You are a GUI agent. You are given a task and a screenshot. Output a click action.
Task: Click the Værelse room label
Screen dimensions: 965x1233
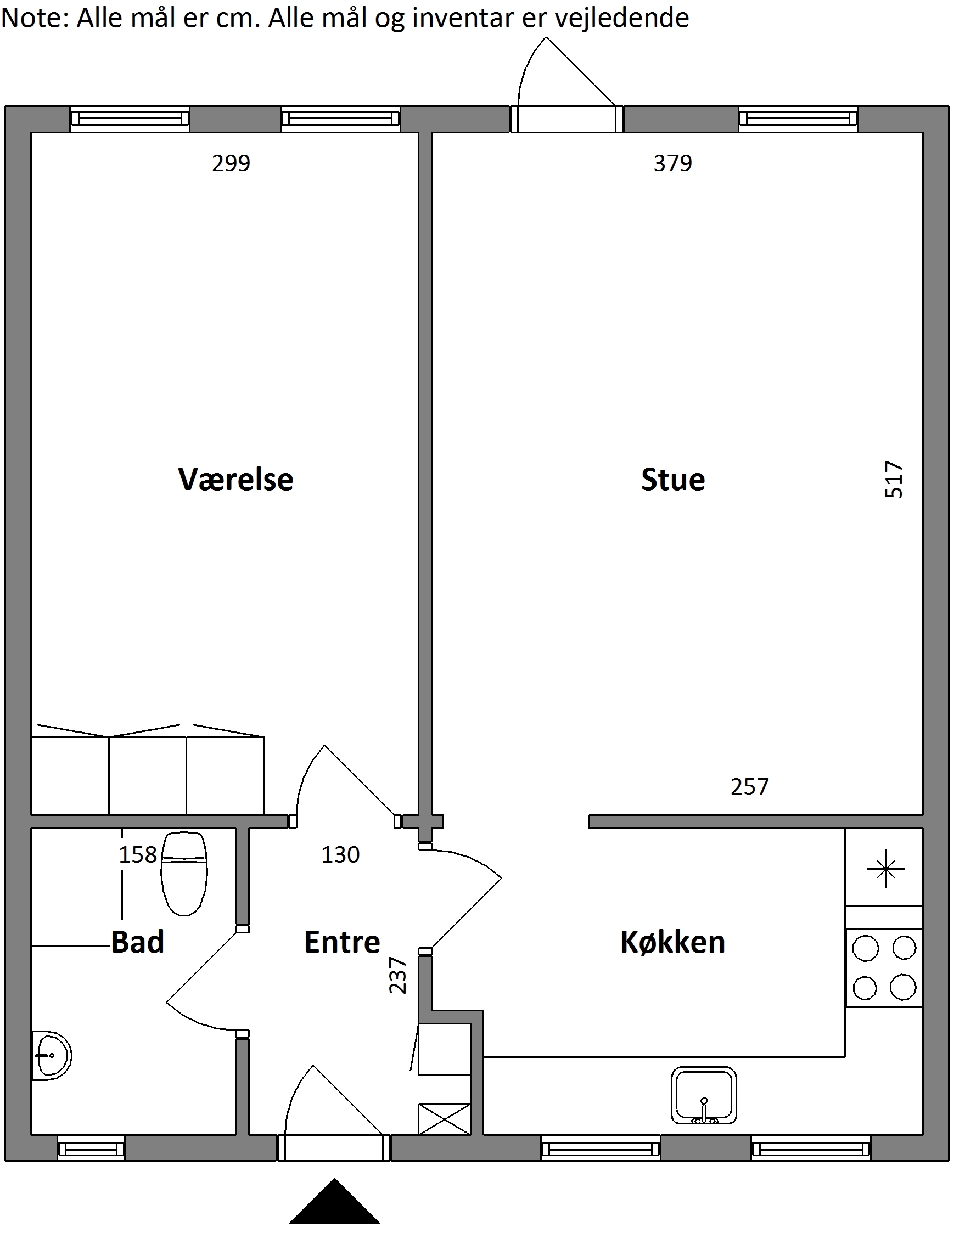pyautogui.click(x=236, y=480)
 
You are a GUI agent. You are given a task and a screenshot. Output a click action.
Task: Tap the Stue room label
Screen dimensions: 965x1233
pyautogui.click(x=673, y=480)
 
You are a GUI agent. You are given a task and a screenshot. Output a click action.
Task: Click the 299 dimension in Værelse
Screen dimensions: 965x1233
pyautogui.click(x=231, y=163)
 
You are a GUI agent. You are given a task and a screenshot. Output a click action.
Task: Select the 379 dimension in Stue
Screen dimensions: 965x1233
pyautogui.click(x=673, y=163)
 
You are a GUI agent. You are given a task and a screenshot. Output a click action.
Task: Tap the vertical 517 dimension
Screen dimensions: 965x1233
pyautogui.click(x=894, y=480)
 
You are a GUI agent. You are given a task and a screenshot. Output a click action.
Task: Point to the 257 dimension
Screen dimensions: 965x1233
pyautogui.click(x=750, y=787)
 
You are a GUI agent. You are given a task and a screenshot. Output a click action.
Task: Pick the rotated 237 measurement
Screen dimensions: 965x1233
pyautogui.click(x=399, y=976)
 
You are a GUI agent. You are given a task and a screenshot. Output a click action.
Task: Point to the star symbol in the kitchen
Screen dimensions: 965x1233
pyautogui.click(x=886, y=869)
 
